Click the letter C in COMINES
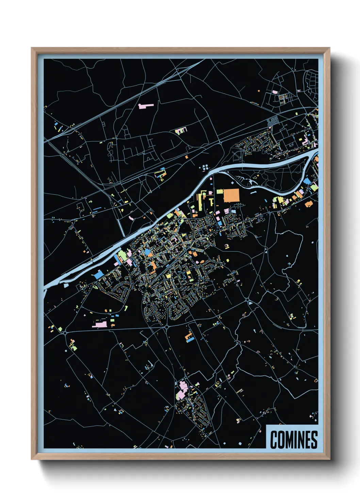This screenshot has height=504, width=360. [x=274, y=440]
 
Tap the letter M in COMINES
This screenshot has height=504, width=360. [x=290, y=440]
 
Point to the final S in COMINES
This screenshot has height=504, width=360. [x=314, y=440]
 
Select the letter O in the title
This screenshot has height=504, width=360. [x=281, y=440]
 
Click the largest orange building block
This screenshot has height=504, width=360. [x=231, y=195]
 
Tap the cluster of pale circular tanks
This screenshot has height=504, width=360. [x=205, y=167]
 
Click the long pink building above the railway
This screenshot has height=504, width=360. [x=146, y=106]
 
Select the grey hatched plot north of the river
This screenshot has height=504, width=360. [x=273, y=121]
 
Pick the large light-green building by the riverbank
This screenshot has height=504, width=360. [x=121, y=254]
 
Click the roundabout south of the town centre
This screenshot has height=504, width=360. [x=167, y=327]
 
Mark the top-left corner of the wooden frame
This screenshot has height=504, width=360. [x=32, y=48]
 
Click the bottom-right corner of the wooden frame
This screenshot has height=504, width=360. [x=329, y=459]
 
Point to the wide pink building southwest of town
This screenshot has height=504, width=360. [x=99, y=324]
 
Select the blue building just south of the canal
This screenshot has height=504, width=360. [x=98, y=274]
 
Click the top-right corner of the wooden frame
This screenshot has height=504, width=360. [x=329, y=48]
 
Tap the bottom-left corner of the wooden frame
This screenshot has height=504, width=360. [x=32, y=459]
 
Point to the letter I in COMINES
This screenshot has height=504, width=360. [x=296, y=440]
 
